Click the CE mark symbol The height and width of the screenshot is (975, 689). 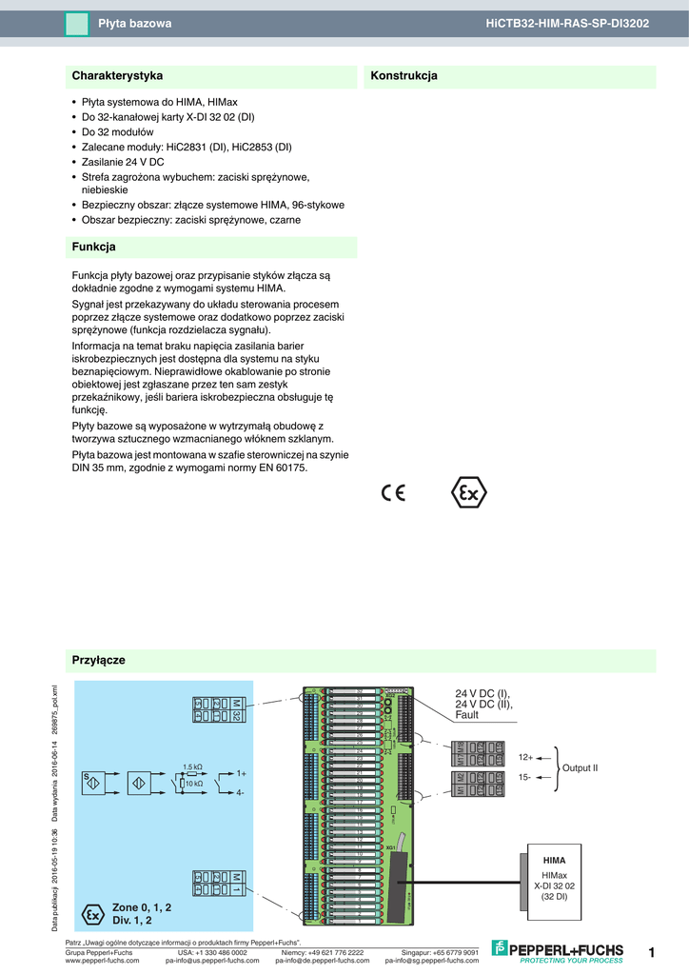pos(393,492)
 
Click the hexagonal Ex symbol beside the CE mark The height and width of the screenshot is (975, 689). pos(467,493)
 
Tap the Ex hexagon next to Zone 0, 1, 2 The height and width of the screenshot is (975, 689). pos(92,914)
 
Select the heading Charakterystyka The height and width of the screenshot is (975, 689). pos(117,75)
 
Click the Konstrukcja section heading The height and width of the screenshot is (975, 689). pos(404,75)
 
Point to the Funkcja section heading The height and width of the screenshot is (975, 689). pos(93,247)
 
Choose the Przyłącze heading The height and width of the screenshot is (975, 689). pos(98,660)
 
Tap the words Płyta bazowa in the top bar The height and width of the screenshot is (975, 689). pos(135,22)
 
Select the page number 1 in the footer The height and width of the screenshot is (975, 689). pos(652,952)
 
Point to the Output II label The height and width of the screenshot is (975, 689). pos(580,767)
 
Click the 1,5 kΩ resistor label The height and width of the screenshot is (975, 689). pos(192,766)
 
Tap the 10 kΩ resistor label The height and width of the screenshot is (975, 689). pos(194,784)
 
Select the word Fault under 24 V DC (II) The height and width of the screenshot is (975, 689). pos(467,715)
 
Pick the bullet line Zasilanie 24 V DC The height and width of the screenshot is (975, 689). pos(123,162)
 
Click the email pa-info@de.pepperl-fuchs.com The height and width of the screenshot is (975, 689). pos(323,961)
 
